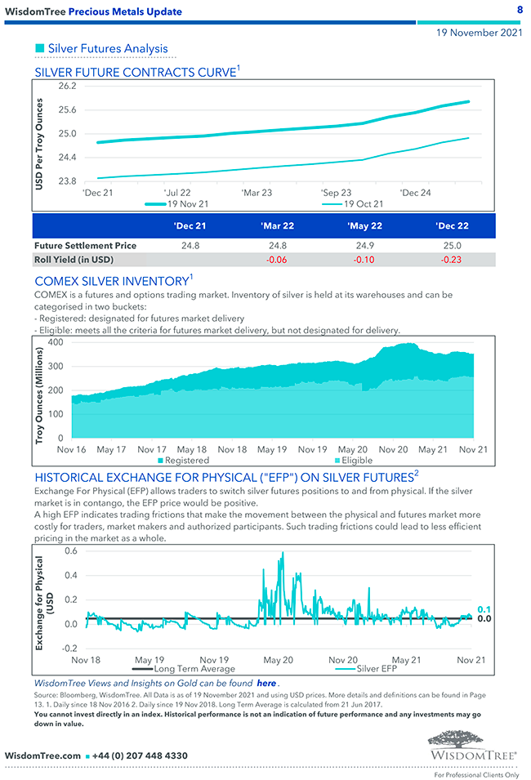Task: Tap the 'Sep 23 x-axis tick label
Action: tap(337, 193)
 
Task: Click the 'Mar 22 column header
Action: tap(277, 225)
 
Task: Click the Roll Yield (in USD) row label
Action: tap(74, 260)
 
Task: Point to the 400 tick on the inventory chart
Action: tap(56, 341)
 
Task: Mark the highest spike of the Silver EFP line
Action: tap(283, 554)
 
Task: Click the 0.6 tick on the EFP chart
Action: tap(71, 550)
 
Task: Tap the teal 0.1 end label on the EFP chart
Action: tap(484, 609)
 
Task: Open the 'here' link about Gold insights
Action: tap(266, 683)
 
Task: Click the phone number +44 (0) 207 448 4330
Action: tap(140, 755)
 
